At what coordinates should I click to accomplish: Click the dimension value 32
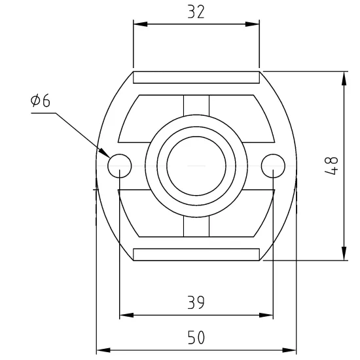pyautogui.click(x=196, y=12)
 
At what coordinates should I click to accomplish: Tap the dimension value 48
pyautogui.click(x=332, y=166)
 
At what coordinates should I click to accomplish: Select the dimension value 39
pyautogui.click(x=196, y=302)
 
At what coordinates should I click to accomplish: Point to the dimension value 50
pyautogui.click(x=196, y=337)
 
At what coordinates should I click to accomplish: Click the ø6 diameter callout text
pyautogui.click(x=41, y=100)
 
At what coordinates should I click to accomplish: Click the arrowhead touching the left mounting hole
pyautogui.click(x=105, y=153)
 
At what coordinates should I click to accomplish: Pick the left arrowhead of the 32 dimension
pyautogui.click(x=140, y=24)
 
